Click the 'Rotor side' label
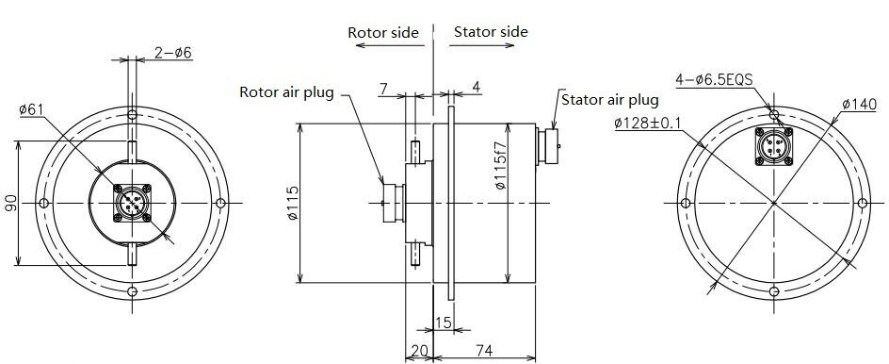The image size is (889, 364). click(383, 32)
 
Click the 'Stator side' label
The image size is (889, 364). click(491, 32)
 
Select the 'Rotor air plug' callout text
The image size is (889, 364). click(287, 92)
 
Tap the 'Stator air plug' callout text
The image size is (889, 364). click(610, 100)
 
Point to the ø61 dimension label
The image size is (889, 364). click(31, 109)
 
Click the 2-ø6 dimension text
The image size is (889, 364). click(173, 53)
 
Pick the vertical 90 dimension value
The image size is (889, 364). click(10, 204)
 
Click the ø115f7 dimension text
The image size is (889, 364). click(499, 165)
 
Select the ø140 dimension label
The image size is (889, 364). click(859, 104)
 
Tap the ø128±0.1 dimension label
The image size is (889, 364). click(648, 123)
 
